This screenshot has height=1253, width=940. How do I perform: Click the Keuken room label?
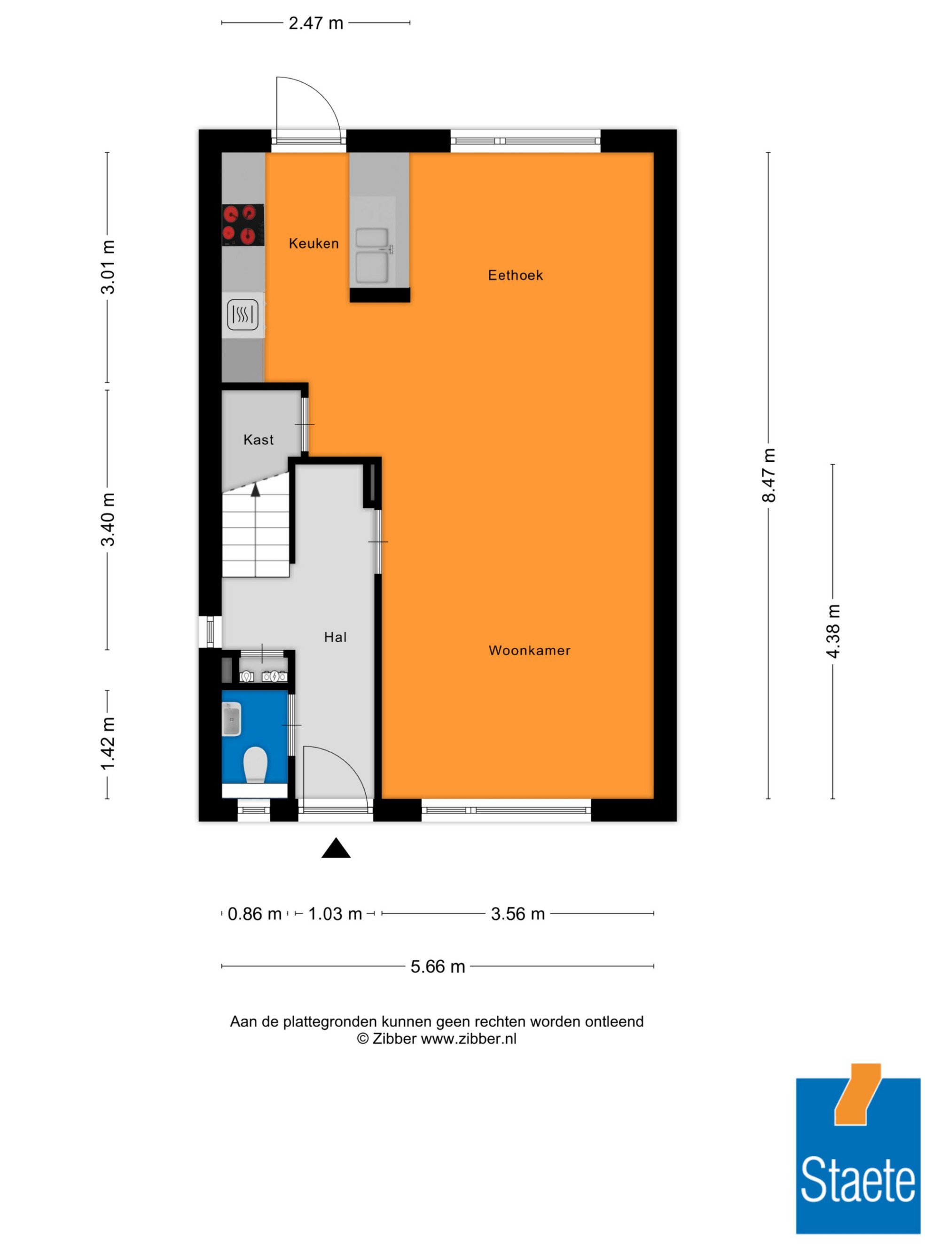click(x=313, y=243)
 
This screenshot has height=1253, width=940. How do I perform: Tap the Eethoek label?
click(x=515, y=275)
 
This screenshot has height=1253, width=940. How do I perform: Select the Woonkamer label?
click(x=529, y=650)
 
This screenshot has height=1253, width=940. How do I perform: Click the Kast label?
click(x=258, y=440)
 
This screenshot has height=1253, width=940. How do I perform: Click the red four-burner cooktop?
click(x=243, y=225)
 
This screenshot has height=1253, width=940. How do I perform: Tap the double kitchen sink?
click(x=372, y=256)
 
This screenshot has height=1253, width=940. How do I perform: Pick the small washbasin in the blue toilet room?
click(x=232, y=719)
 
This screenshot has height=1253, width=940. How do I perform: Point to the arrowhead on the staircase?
click(x=256, y=490)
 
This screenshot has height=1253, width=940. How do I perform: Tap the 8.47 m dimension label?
click(x=768, y=475)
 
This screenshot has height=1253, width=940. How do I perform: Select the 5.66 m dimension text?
click(x=438, y=966)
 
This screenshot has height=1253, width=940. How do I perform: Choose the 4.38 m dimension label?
click(x=833, y=631)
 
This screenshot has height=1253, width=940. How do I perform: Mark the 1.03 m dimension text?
click(x=335, y=914)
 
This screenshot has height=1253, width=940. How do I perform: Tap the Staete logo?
click(x=858, y=1148)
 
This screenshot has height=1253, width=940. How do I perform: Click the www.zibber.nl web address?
click(x=468, y=1038)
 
